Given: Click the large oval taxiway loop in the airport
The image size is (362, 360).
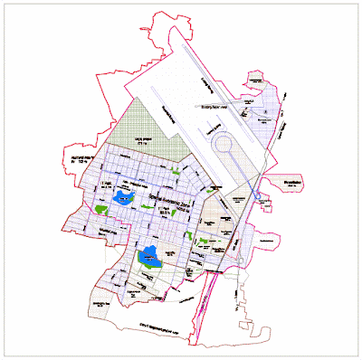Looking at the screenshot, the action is point(224,143).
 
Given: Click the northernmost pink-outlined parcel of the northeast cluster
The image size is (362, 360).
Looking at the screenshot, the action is point(260,83).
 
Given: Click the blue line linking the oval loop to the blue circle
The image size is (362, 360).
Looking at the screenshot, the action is point(243,172).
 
